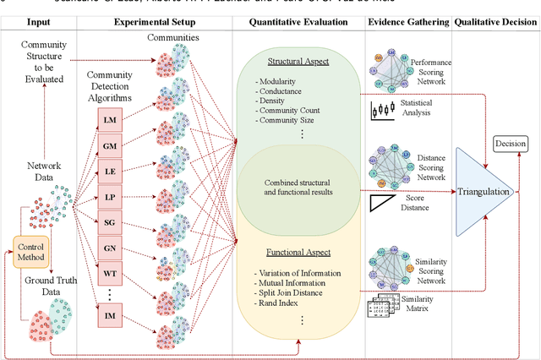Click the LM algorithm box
click(110, 121)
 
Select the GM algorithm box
click(110, 146)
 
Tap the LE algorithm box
click(110, 172)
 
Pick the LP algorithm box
click(110, 197)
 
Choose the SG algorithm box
click(110, 222)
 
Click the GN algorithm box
click(110, 248)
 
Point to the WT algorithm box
click(110, 274)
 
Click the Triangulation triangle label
click(484, 192)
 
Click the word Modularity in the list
click(284, 80)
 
